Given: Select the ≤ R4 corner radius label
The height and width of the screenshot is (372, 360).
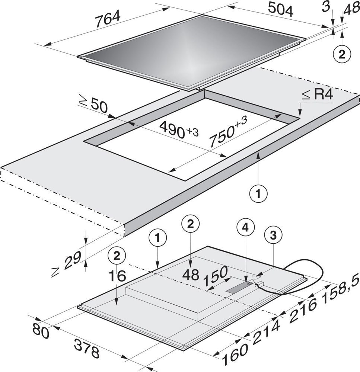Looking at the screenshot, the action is tap(318, 95).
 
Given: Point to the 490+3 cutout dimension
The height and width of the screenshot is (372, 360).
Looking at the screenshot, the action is tap(178, 129).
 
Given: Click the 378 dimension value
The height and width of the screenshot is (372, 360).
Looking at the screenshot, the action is tap(86, 348).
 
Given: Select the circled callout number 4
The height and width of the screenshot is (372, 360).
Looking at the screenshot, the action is tap(246, 228).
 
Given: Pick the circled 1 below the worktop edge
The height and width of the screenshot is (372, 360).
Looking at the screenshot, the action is tap(258, 194).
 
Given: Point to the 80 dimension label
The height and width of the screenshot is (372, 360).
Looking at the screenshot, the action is tap(40, 331).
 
